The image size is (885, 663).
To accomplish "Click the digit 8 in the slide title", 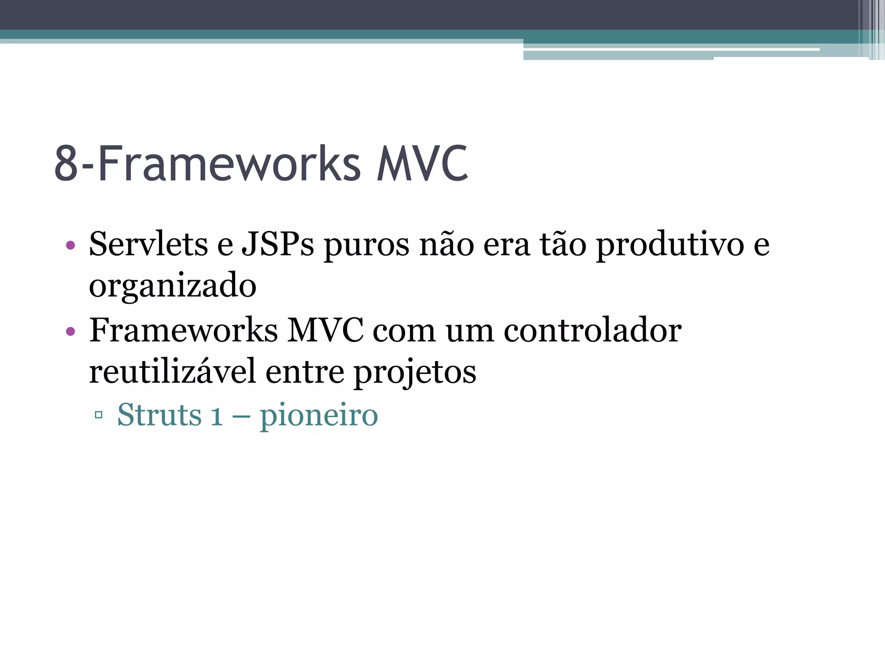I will click(66, 164).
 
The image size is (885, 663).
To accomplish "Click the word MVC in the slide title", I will click(422, 164).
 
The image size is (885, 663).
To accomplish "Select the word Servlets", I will click(148, 244).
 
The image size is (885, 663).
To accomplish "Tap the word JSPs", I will click(277, 244).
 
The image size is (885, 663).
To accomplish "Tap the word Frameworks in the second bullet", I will click(183, 331).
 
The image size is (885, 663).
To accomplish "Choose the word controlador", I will click(592, 331).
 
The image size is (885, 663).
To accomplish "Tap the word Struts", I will click(159, 415).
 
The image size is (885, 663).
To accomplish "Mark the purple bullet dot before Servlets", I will click(70, 246).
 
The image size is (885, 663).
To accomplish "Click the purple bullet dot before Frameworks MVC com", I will click(70, 332).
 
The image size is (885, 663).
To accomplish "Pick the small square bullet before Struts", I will click(99, 415).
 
